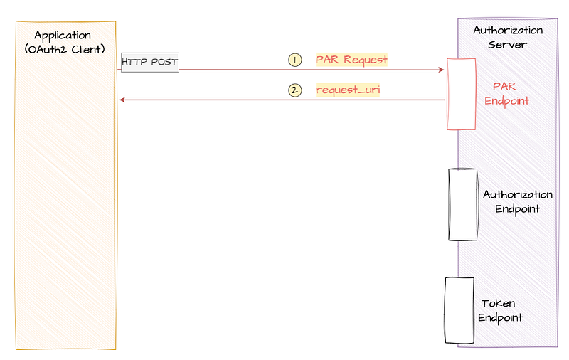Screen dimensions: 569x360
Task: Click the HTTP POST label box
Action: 150,63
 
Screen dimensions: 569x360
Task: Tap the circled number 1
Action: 295,60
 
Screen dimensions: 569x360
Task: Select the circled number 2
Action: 295,90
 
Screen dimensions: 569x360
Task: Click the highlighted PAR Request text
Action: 351,60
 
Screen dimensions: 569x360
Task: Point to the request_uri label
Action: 348,90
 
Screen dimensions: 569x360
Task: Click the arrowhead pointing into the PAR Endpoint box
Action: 441,70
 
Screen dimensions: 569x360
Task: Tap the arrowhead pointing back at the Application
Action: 122,100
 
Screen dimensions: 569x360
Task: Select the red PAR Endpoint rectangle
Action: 461,94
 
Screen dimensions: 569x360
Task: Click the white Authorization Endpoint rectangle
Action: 463,205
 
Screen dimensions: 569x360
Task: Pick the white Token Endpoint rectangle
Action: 459,311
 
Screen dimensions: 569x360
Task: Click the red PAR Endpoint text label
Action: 506,94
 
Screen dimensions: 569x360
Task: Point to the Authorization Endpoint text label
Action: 518,202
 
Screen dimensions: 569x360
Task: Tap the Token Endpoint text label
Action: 500,311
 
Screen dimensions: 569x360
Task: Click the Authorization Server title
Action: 508,38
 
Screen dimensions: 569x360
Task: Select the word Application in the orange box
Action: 63,36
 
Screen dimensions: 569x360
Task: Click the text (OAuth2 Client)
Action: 65,49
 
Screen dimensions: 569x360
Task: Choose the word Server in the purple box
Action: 507,45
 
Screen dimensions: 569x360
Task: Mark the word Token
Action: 498,303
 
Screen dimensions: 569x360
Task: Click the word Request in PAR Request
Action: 366,60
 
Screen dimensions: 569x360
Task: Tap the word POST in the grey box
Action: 164,62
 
